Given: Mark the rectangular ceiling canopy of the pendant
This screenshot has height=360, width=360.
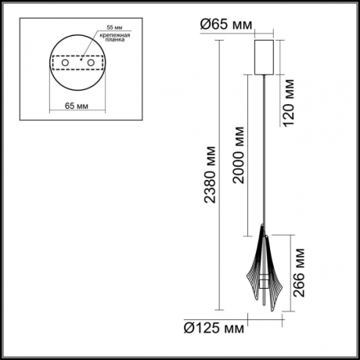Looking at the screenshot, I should [x=265, y=54].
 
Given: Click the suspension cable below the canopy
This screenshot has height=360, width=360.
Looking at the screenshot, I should [x=265, y=157].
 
